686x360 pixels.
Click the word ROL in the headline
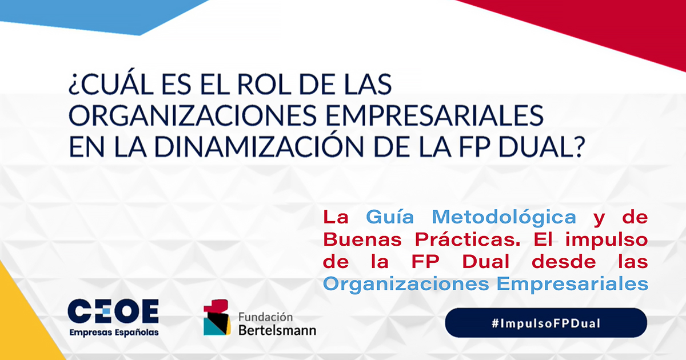264,84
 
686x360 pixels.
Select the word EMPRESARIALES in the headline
434,115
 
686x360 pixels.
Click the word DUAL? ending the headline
542,146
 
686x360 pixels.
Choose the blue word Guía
390,218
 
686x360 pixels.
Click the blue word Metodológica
504,218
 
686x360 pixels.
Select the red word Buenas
362,239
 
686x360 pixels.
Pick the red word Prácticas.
468,239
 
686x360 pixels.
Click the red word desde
564,262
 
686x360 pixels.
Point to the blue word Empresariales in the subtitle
572,285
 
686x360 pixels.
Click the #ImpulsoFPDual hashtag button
546,323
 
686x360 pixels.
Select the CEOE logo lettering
113,311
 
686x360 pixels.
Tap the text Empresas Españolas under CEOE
114,333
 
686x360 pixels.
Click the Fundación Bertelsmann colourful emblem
217,318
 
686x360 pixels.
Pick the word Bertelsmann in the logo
277,330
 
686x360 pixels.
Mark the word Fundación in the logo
265,317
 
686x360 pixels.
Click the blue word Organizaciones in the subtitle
406,285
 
